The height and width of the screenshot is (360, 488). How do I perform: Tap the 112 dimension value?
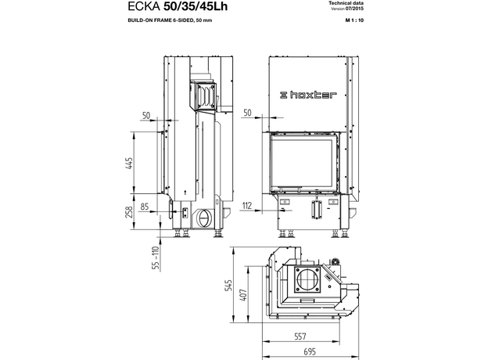[x=248, y=207]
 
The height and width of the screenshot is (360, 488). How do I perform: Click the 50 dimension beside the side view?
[x=146, y=115]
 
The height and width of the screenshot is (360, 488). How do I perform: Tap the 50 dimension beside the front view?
[x=248, y=113]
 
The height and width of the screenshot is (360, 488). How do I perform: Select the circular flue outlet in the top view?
[x=307, y=279]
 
